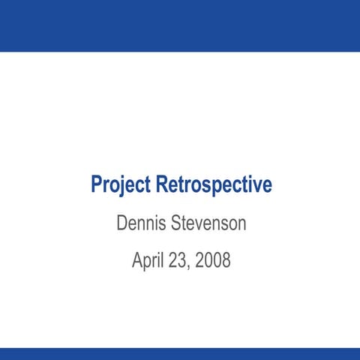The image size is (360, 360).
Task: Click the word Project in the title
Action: (121, 184)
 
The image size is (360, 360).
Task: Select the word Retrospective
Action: (214, 184)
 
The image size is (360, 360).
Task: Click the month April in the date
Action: (148, 261)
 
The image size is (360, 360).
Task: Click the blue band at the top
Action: (180, 25)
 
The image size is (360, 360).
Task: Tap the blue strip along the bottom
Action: (180, 353)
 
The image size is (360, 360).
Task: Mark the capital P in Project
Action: (97, 184)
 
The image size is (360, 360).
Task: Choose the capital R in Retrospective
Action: (163, 184)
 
